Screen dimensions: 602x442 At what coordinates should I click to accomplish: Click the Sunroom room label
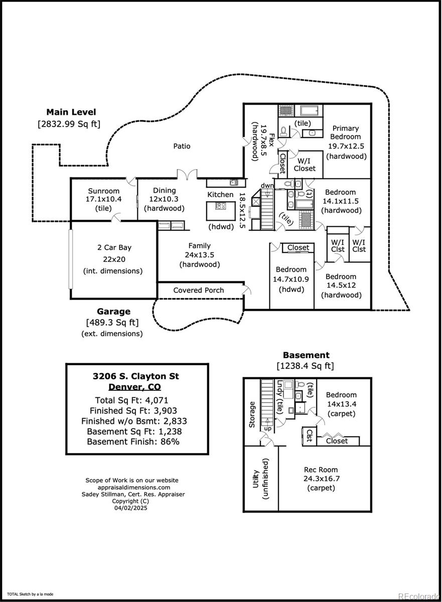[104, 191]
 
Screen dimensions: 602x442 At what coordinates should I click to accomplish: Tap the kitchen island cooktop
[220, 206]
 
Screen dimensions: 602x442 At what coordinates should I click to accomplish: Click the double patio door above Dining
[186, 175]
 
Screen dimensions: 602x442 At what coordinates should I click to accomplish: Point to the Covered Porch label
[199, 290]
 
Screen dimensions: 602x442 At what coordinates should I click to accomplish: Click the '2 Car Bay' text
[114, 247]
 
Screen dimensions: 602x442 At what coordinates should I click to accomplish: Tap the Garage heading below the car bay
[113, 312]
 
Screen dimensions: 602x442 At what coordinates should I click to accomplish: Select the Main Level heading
[71, 112]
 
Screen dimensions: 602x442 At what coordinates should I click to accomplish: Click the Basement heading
[306, 355]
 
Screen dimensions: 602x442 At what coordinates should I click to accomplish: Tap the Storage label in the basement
[252, 414]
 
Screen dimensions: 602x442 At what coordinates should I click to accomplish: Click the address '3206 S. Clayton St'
[135, 376]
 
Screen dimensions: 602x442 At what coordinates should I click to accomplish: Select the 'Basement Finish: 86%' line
[133, 441]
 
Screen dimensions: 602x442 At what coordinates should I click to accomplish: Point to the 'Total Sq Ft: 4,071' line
[131, 400]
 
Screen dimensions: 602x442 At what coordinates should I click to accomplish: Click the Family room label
[199, 246]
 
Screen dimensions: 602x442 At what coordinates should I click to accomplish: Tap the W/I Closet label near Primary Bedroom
[304, 165]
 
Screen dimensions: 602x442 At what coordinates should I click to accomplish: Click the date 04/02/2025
[132, 508]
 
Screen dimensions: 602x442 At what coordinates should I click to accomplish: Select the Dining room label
[164, 191]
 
